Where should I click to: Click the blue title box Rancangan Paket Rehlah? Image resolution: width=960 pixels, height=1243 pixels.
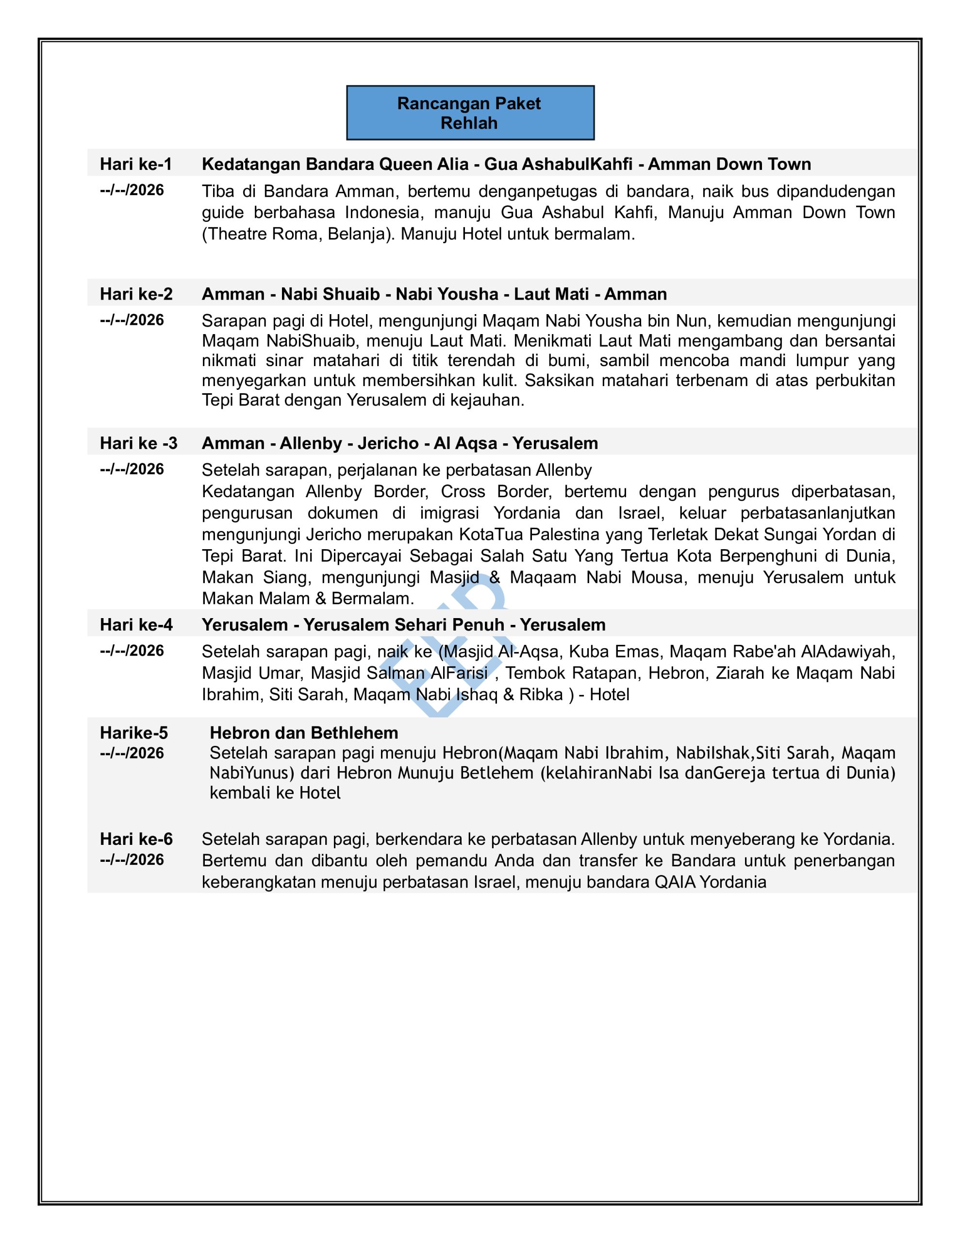(x=469, y=113)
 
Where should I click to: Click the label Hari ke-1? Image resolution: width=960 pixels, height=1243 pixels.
(x=135, y=164)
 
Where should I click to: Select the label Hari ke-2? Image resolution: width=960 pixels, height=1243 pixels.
(x=136, y=294)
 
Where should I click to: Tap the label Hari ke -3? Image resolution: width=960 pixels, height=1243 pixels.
(x=138, y=443)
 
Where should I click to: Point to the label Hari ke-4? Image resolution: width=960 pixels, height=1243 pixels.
(x=136, y=624)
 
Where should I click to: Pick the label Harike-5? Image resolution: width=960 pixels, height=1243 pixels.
(x=134, y=733)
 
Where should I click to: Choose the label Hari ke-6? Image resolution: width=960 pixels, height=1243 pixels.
(x=136, y=839)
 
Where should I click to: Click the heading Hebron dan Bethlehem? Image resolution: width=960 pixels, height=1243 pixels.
(x=304, y=733)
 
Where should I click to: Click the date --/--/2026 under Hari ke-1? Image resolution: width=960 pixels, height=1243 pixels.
(x=132, y=190)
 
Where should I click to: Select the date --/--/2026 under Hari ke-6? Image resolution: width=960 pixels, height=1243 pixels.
(x=132, y=859)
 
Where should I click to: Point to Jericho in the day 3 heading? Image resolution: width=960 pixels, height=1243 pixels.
(x=387, y=443)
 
